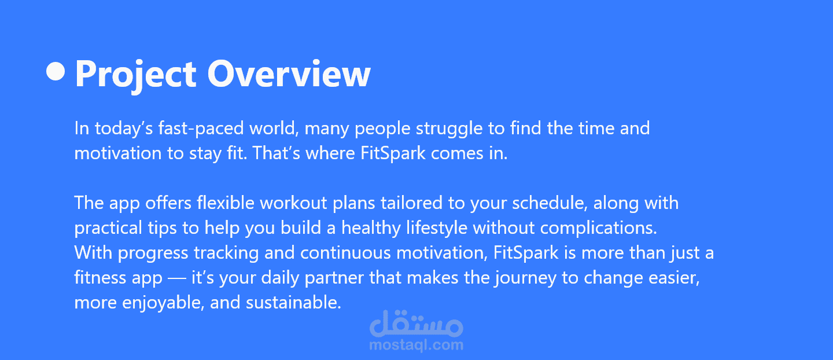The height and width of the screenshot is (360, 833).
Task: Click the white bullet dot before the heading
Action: [x=56, y=71]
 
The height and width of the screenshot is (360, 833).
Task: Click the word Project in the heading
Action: [x=136, y=75]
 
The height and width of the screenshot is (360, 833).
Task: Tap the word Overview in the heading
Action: [x=289, y=74]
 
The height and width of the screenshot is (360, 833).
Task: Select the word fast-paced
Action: [x=201, y=128]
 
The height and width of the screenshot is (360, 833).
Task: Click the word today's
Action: [x=124, y=128]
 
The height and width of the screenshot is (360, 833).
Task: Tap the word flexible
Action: [x=226, y=203]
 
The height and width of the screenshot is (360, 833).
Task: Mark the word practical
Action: [x=108, y=229]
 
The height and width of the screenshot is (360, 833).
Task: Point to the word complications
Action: [x=599, y=229]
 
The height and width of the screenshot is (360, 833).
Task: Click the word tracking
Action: [x=226, y=254]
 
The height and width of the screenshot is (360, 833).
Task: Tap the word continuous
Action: [x=345, y=253]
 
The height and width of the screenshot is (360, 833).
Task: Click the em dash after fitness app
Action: [x=177, y=278]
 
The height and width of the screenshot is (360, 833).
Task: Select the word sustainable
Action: [x=293, y=302]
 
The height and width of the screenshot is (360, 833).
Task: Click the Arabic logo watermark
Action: [x=417, y=323]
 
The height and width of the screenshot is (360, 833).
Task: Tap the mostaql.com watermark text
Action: [x=417, y=345]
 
